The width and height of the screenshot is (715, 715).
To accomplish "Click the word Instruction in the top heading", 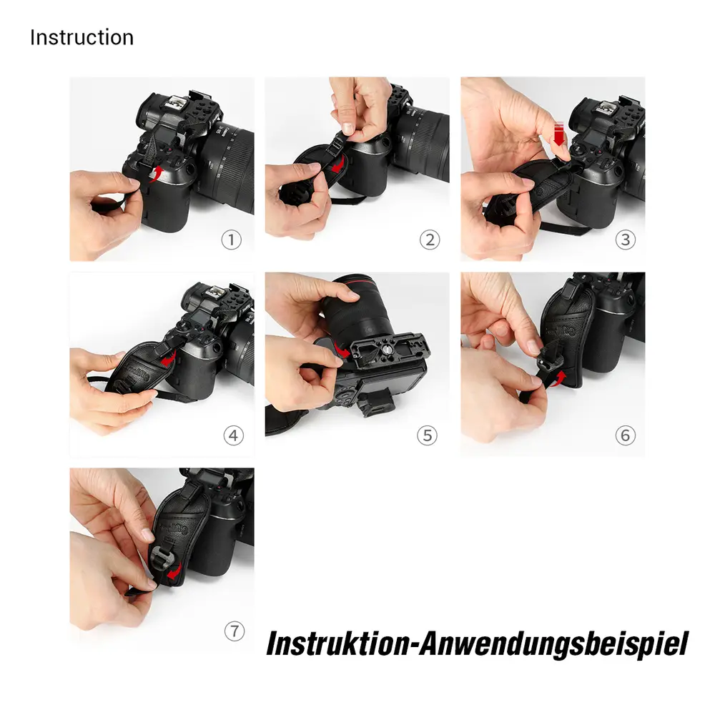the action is (82, 37).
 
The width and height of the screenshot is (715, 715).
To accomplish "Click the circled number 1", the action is (231, 240).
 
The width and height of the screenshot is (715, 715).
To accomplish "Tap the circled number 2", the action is (430, 240).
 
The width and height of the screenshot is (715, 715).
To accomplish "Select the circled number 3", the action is (625, 240).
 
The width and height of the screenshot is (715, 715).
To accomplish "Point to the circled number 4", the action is (234, 435).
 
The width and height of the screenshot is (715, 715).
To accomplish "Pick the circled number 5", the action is (428, 435).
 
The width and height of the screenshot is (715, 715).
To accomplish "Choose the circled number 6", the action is (625, 435).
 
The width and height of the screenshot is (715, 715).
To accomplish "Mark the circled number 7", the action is (235, 631).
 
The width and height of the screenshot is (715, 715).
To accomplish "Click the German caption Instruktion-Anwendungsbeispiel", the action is (477, 644).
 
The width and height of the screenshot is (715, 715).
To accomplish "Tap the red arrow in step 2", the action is (338, 164).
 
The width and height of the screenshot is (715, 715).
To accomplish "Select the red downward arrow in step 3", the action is (559, 133).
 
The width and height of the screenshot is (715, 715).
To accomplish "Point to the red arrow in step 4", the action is (169, 358).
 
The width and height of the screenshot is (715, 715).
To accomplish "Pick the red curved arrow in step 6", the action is (559, 380).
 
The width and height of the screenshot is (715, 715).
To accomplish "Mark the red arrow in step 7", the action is (175, 572).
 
